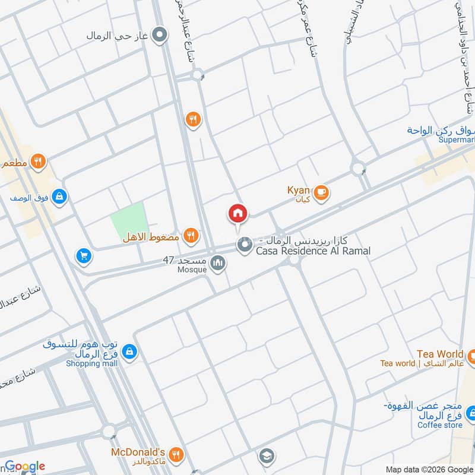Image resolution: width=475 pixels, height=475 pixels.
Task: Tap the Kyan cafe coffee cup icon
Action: click(x=321, y=192)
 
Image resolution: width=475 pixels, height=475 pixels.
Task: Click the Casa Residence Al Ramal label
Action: click(x=313, y=251)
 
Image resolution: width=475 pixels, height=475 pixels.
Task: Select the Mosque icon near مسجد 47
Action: click(x=218, y=262)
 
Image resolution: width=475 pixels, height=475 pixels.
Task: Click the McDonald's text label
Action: click(x=138, y=452)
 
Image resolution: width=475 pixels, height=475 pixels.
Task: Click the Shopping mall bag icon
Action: click(x=130, y=353)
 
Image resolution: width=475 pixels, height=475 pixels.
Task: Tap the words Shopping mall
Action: click(x=91, y=363)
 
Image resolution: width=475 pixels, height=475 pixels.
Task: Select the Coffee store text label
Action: click(x=439, y=425)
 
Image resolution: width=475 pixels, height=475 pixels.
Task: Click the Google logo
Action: click(x=24, y=466)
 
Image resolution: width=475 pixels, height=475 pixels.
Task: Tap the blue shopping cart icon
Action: click(x=84, y=256)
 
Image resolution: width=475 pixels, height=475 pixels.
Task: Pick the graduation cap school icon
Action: click(x=265, y=456)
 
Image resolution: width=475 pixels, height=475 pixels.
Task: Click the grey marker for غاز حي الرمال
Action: click(x=159, y=36)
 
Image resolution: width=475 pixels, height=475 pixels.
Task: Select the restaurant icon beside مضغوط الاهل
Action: click(x=190, y=236)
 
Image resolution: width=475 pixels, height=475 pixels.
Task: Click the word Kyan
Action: click(x=298, y=190)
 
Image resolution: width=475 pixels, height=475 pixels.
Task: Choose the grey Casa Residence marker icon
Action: click(x=243, y=244)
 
